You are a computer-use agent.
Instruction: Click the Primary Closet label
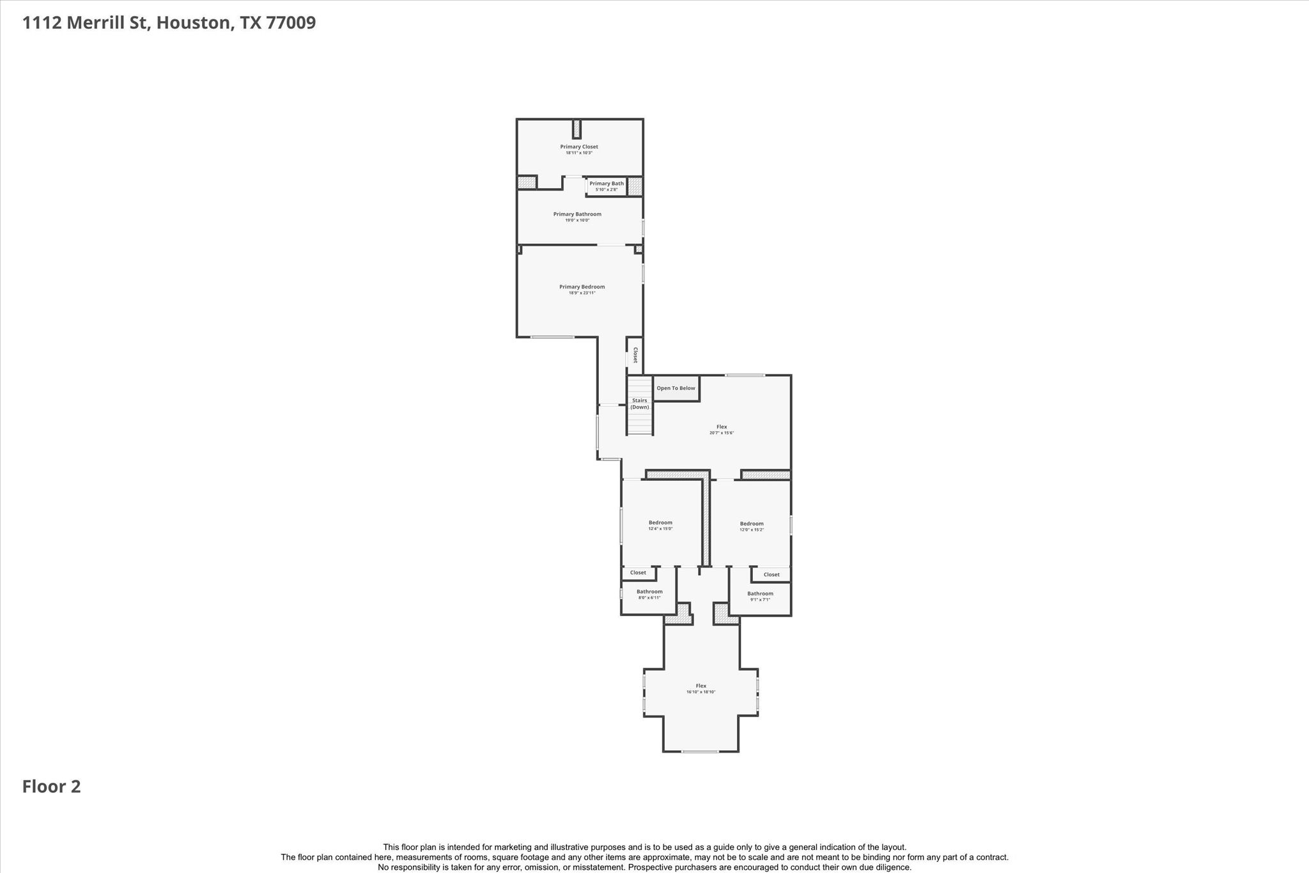[x=579, y=147]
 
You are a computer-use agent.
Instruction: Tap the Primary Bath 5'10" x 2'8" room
[x=606, y=186]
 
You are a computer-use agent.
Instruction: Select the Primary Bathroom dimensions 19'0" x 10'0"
[x=577, y=221]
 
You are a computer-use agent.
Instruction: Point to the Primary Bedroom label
[x=582, y=287]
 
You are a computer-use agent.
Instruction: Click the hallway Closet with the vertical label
[x=635, y=355]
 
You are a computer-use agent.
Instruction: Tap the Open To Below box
[x=676, y=388]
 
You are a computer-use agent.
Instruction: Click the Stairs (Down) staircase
[x=639, y=405]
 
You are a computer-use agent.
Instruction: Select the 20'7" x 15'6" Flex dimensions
[x=721, y=433]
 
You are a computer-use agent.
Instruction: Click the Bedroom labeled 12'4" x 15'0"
[x=660, y=525]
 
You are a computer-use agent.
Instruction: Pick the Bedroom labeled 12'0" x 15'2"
[x=752, y=526]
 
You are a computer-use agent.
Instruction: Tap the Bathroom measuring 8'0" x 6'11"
[x=649, y=595]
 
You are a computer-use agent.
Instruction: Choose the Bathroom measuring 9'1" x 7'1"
[x=760, y=596]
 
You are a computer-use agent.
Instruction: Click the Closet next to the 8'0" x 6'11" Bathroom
[x=638, y=573]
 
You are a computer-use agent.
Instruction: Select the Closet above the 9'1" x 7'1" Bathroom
[x=771, y=574]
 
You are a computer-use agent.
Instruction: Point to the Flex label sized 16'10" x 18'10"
[x=701, y=686]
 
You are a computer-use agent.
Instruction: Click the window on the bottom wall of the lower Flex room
[x=700, y=751]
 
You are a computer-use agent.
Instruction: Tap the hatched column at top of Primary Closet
[x=577, y=129]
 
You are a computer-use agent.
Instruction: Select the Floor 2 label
[x=52, y=787]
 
